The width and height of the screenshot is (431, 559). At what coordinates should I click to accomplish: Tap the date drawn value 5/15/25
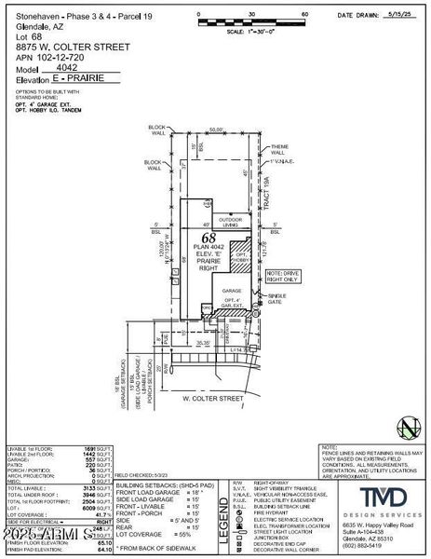(x=397, y=15)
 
